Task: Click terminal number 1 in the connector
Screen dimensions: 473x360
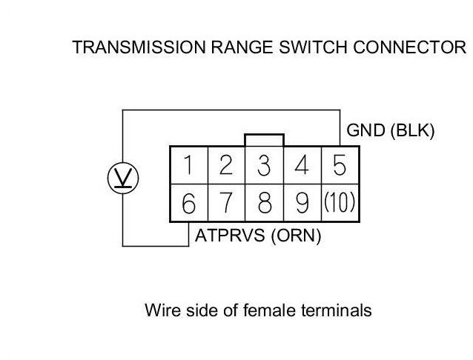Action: coord(188,165)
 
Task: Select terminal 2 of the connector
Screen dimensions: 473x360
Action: coord(226,165)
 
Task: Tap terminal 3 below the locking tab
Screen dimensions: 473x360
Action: coord(264,165)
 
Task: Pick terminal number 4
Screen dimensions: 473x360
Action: coord(302,165)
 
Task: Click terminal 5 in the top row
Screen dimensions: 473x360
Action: coord(340,165)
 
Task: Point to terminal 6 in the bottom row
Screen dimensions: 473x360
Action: coord(189,204)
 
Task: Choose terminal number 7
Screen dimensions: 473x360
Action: coord(226,203)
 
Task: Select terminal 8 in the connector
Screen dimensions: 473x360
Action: coord(265,203)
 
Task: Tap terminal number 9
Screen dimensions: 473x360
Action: coord(302,203)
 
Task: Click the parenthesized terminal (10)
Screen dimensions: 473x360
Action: coord(340,202)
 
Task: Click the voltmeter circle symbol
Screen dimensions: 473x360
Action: coord(123,179)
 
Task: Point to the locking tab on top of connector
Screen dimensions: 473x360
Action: coord(264,140)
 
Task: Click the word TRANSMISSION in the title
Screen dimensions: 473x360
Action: coord(139,47)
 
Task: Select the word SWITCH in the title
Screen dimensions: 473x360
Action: coord(313,47)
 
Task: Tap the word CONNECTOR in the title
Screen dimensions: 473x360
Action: coord(410,47)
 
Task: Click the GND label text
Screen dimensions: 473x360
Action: coord(366,130)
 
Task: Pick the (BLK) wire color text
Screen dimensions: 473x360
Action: coord(413,130)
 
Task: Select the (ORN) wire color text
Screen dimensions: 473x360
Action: coord(296,236)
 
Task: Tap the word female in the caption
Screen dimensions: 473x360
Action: coord(269,310)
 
